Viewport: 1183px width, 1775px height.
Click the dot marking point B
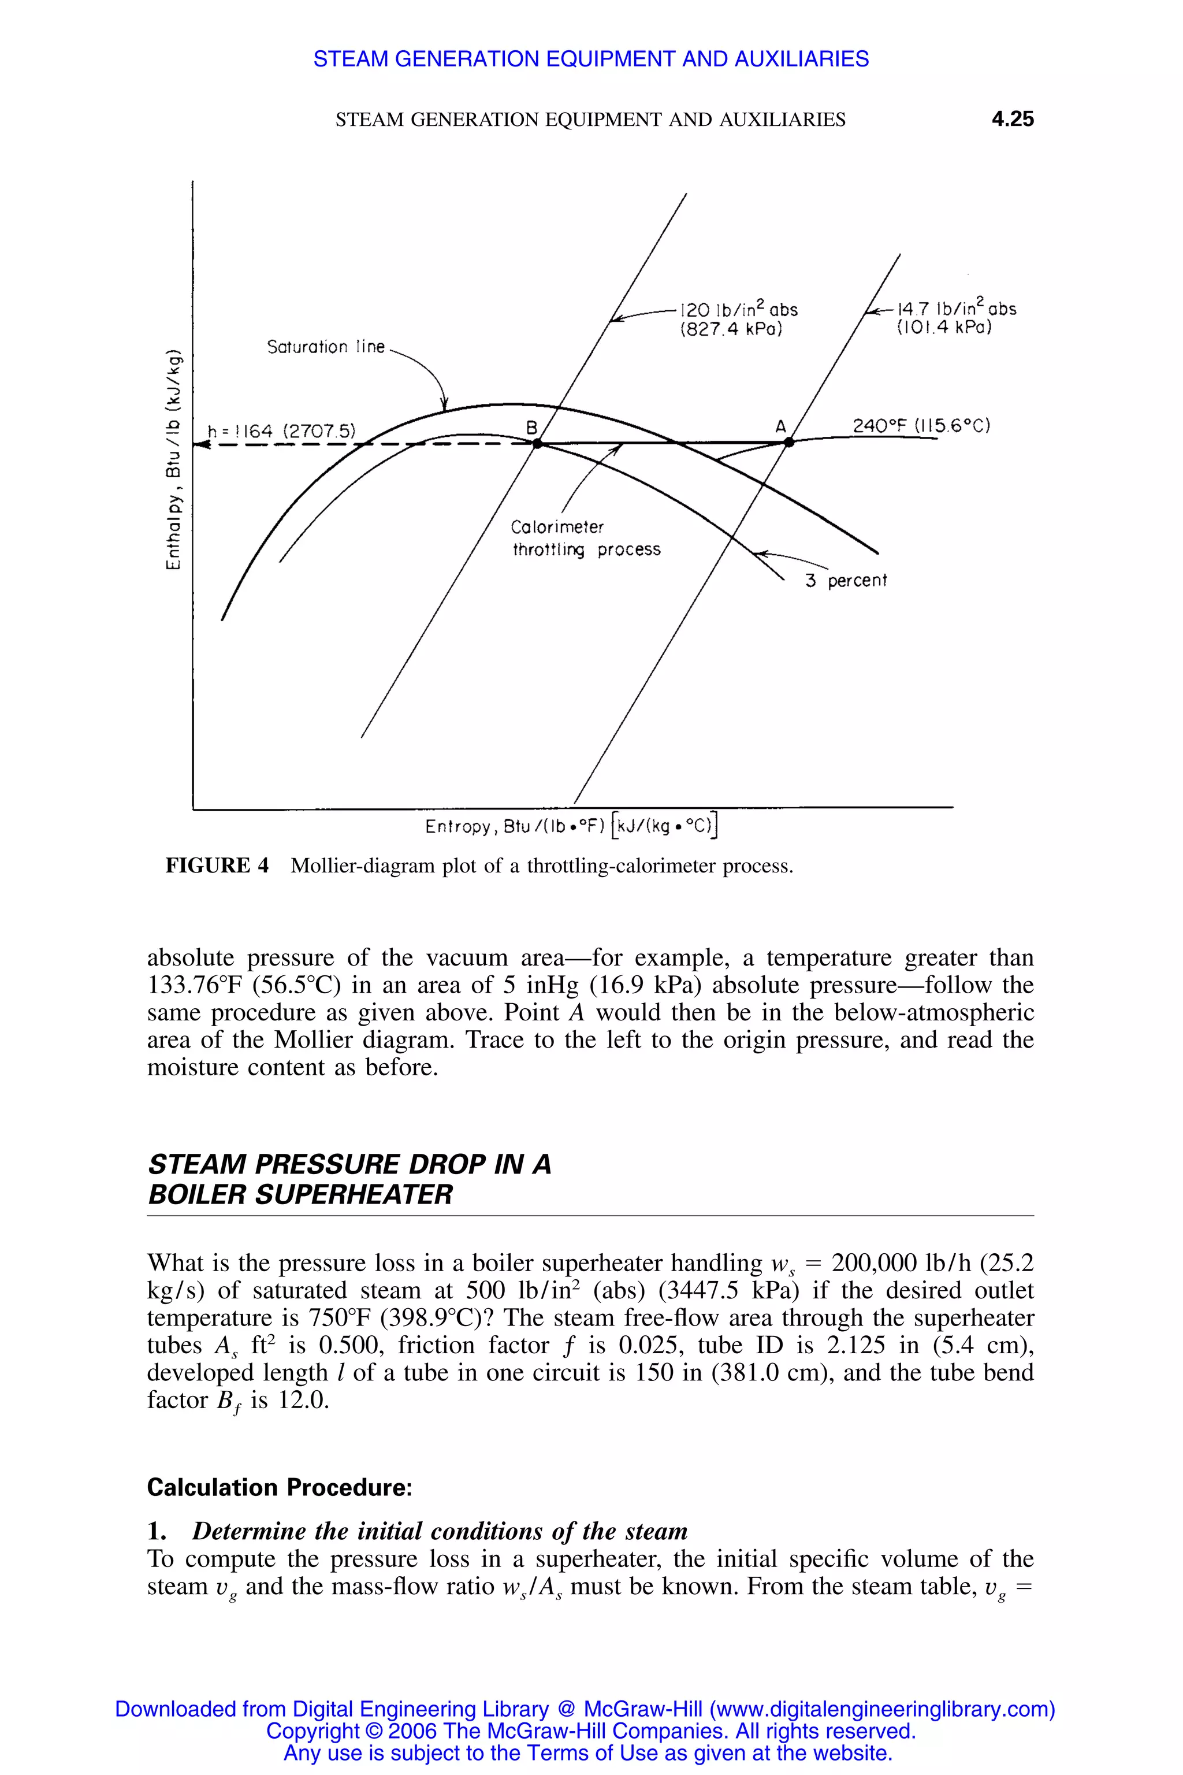point(537,444)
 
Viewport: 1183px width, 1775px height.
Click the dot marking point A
point(789,443)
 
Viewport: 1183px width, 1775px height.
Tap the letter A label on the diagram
point(781,427)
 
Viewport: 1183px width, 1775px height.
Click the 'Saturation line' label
point(326,347)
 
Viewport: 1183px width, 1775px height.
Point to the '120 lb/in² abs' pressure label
point(739,310)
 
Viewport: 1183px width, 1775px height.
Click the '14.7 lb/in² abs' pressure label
point(956,309)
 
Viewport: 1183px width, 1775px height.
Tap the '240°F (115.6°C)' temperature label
point(920,426)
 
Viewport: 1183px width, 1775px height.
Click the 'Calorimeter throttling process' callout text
point(586,538)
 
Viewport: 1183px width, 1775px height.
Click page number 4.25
point(1012,119)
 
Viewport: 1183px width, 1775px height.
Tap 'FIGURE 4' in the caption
point(217,866)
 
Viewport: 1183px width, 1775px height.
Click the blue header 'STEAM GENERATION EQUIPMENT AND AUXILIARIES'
point(591,59)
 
